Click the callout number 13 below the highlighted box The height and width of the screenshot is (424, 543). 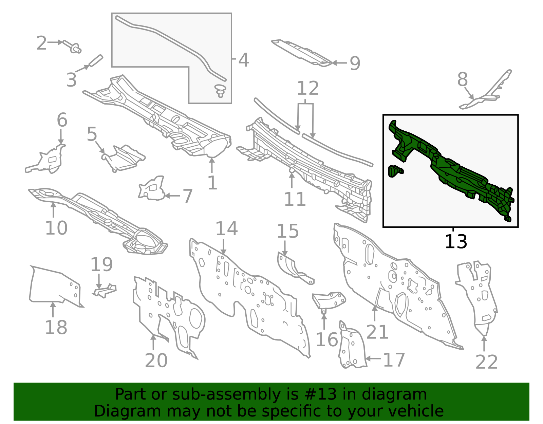point(456,241)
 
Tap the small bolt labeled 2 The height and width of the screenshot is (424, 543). point(72,47)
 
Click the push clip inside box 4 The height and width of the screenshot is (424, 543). point(220,91)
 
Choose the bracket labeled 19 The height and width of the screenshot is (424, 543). point(105,291)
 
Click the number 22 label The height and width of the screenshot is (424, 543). point(486,362)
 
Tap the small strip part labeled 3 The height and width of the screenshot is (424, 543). point(96,60)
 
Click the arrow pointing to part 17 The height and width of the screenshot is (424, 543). point(373,358)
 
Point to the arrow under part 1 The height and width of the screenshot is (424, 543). point(212,165)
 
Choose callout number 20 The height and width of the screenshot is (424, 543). point(156,361)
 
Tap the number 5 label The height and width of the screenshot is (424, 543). point(92,134)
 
